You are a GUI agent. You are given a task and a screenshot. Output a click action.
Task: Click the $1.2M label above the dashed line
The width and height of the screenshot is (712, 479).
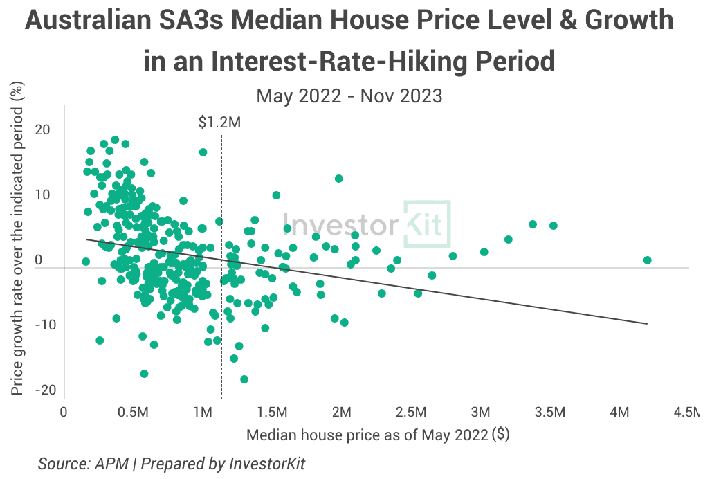220,123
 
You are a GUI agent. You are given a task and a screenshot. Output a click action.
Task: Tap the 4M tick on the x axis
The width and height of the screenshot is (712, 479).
619,413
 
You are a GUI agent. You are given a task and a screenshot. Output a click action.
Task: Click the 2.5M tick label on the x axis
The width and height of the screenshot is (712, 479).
410,413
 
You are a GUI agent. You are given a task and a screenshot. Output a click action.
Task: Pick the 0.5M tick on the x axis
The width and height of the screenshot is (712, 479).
133,413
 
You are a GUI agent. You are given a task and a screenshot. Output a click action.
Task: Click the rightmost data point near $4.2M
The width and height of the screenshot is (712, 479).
648,260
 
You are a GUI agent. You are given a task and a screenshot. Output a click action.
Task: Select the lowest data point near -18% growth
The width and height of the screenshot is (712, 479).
244,379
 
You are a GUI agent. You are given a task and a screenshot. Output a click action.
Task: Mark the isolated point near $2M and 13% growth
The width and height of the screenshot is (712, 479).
339,179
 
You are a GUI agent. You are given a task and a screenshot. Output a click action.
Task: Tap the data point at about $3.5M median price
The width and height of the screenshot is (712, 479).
554,226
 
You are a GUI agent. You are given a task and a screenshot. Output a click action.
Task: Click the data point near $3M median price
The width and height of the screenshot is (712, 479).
484,252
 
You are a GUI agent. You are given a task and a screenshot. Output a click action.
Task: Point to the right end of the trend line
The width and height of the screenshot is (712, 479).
648,323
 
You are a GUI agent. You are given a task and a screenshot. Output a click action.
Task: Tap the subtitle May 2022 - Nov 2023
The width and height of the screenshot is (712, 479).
349,96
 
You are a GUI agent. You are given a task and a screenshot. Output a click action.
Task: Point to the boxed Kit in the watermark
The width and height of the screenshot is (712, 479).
426,224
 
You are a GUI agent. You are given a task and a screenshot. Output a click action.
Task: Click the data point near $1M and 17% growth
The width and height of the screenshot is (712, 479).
203,152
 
